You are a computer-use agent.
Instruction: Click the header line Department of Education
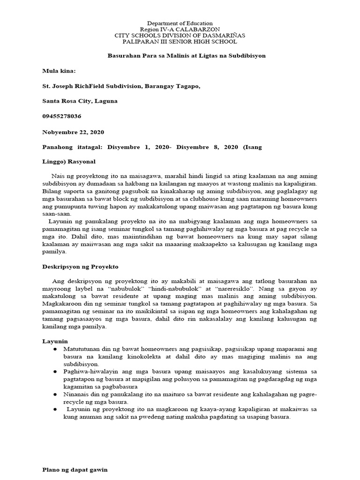[x=180, y=23]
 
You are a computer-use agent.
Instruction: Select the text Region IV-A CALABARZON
[x=180, y=29]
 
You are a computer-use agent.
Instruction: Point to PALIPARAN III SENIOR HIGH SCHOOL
[x=180, y=41]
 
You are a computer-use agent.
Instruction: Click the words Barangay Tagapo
[x=173, y=86]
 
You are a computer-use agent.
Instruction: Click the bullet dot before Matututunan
[x=55, y=350]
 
